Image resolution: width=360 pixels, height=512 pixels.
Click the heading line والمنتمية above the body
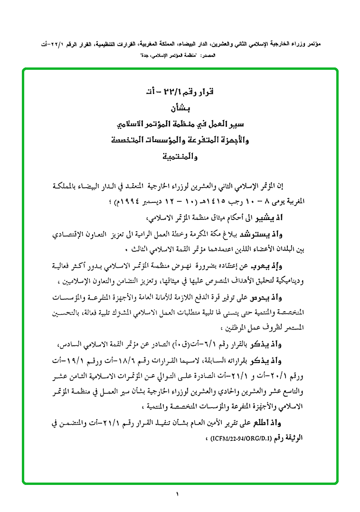pos(180,156)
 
